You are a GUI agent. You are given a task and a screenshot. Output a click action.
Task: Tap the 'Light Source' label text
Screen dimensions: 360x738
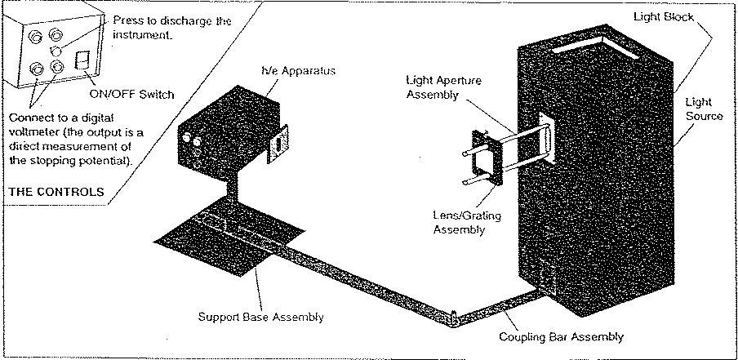(703, 109)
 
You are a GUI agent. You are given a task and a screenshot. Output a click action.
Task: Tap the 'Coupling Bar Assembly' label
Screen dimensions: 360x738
(564, 336)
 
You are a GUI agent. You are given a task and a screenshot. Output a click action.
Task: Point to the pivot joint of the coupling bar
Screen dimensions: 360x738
(451, 313)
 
